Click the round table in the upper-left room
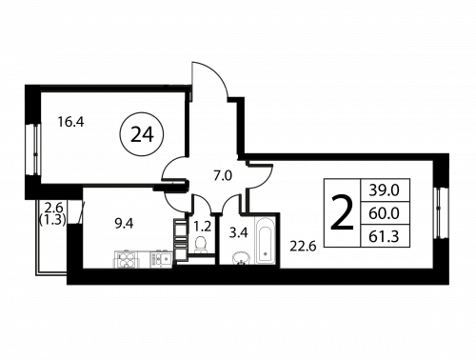(141, 131)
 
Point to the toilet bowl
(201, 245)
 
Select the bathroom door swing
(232, 201)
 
